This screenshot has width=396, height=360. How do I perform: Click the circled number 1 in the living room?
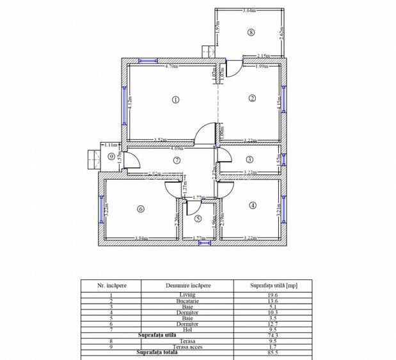(x=175, y=99)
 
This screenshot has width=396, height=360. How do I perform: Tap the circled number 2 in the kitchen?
(x=252, y=98)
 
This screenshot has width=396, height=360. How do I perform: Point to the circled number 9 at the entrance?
(x=111, y=156)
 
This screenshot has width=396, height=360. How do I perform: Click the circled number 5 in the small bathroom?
(x=198, y=219)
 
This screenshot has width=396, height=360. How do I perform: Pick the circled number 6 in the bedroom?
(x=140, y=208)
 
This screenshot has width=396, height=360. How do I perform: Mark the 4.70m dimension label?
(x=171, y=66)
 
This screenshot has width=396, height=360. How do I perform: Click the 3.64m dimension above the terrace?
(x=250, y=11)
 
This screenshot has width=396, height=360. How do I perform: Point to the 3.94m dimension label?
(x=141, y=239)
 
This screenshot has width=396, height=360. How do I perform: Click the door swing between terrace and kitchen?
(x=233, y=66)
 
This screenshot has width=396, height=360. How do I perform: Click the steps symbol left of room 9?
(x=91, y=156)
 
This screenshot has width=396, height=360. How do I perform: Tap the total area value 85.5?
(x=273, y=353)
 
